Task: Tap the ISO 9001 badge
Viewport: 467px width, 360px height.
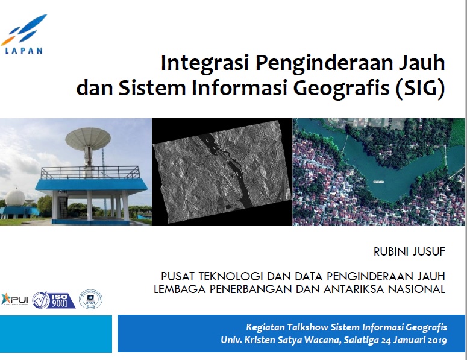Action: tap(54, 300)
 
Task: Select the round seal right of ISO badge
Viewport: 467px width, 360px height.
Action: tap(90, 299)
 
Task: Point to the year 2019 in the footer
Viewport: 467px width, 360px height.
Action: tap(433, 341)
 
